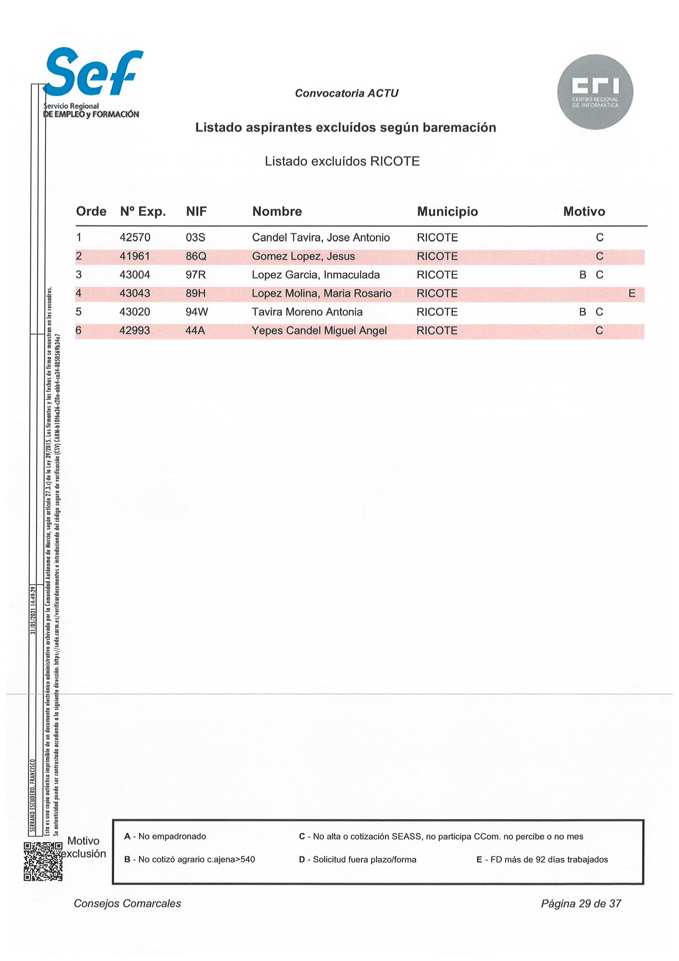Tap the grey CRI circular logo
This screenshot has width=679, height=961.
[595, 92]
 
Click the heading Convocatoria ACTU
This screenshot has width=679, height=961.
[346, 94]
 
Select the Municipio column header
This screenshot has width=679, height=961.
[447, 212]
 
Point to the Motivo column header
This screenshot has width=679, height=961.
[584, 212]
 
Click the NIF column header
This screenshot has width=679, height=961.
[196, 212]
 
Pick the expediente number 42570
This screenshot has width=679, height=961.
[135, 238]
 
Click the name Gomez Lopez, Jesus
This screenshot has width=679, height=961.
[303, 256]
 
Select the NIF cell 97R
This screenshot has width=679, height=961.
[195, 275]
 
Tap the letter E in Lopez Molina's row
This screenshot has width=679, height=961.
[631, 294]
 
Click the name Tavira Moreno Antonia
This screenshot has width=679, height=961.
[307, 312]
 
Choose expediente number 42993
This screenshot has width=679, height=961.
[135, 331]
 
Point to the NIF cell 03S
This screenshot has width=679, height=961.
[195, 238]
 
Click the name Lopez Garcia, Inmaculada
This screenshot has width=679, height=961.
[315, 275]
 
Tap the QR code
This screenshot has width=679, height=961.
[43, 861]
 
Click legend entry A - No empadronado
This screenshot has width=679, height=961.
[165, 837]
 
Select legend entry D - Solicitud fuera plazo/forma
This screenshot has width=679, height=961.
[357, 860]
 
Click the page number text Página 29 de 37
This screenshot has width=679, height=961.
[580, 904]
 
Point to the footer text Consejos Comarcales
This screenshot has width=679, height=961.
[127, 904]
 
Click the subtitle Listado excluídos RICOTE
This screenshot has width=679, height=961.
[342, 162]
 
